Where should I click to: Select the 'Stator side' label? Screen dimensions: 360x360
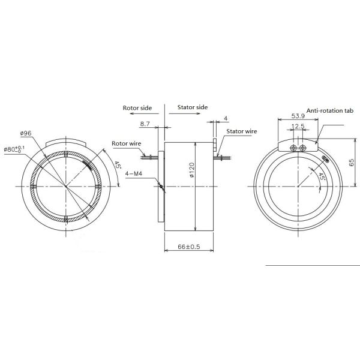click(x=193, y=107)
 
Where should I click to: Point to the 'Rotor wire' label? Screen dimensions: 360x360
click(x=127, y=144)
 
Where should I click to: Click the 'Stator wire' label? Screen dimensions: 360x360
click(x=242, y=130)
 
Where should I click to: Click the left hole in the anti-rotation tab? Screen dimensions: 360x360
click(x=293, y=148)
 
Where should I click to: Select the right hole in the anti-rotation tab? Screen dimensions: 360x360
click(x=302, y=148)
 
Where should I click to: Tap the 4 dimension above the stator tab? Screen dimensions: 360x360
click(x=226, y=118)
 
